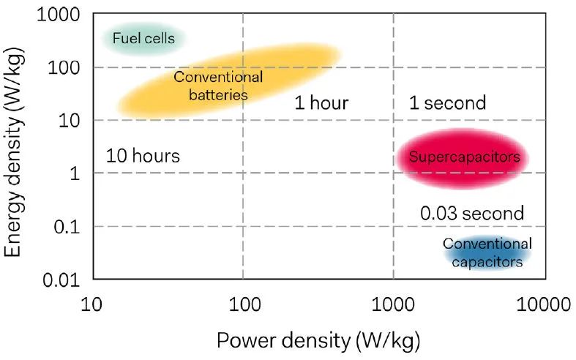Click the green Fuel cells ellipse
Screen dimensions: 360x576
click(x=143, y=38)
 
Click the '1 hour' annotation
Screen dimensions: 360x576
click(x=321, y=102)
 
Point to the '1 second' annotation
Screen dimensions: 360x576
click(x=447, y=102)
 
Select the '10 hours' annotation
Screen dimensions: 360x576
click(x=142, y=156)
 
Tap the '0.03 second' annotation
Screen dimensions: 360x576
click(x=472, y=214)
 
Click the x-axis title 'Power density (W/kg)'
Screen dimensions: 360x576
click(x=318, y=340)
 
